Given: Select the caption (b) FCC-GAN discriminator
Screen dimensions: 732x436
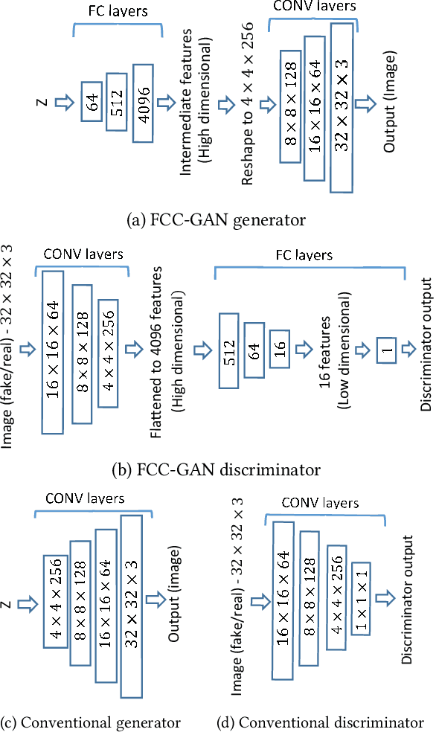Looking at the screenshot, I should [x=217, y=469].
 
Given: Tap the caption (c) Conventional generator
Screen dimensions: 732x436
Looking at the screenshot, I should [x=92, y=722].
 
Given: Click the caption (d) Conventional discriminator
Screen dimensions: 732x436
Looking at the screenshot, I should [x=320, y=722].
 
